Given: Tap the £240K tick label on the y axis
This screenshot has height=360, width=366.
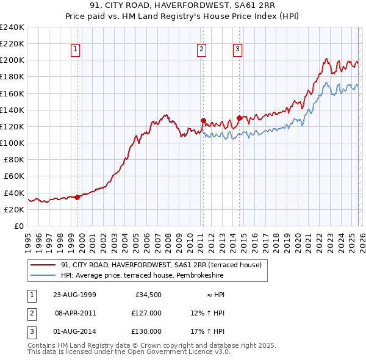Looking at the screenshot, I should (x=12, y=27).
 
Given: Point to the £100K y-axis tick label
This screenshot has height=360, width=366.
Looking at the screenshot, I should (x=12, y=143).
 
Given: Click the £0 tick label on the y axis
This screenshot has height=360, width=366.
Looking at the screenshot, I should (x=20, y=226).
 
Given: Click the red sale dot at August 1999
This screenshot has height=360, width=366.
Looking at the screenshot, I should (x=77, y=197).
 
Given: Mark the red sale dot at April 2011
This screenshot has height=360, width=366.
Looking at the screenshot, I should (x=203, y=121).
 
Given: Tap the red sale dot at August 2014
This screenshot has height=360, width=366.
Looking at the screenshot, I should (x=239, y=118).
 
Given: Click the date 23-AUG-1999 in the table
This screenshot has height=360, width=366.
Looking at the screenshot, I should (x=75, y=295).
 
